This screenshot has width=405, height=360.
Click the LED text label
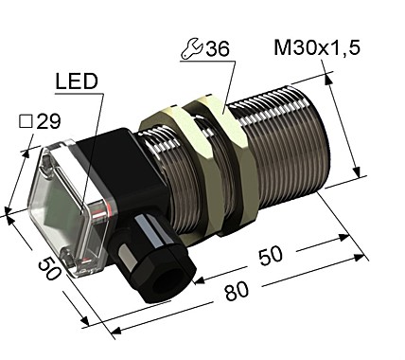(x=77, y=84)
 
